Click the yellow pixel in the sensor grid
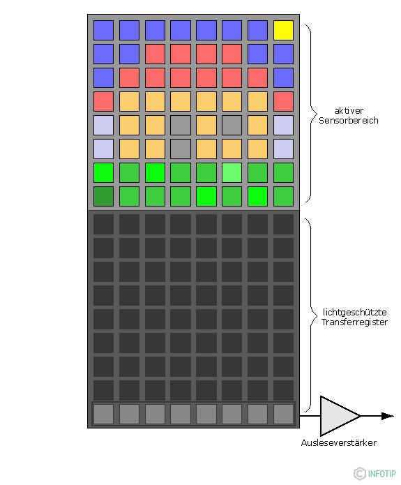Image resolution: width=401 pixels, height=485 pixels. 283,30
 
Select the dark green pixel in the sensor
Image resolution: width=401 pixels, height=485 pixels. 103,196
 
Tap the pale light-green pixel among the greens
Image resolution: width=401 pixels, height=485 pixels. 232,172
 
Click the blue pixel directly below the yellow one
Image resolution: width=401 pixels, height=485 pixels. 283,54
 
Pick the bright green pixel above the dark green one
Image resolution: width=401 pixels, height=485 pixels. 103,172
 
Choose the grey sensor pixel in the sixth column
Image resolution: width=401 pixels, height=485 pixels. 232,125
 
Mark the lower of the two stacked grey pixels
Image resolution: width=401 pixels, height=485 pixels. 180,149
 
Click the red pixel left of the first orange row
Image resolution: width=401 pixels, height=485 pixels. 103,101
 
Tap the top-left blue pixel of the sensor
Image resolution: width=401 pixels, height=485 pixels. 103,30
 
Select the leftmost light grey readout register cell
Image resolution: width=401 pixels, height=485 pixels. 103,414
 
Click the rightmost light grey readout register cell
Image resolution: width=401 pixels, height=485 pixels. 283,414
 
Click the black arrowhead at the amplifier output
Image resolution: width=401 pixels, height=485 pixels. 388,416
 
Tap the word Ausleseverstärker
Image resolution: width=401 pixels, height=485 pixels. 338,443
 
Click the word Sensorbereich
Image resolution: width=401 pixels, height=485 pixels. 349,120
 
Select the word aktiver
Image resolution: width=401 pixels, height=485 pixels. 349,110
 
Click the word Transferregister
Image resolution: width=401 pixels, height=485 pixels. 354,322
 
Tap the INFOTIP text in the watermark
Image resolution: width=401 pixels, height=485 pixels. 382,474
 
